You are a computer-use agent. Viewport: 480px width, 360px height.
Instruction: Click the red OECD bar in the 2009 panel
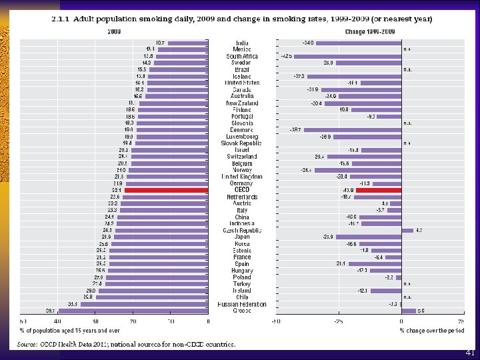[x=167, y=190]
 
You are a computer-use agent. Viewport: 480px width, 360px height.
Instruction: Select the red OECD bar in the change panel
[x=379, y=190]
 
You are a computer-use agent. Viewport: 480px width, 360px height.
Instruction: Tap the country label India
[x=242, y=43]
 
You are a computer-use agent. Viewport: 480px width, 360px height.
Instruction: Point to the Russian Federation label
[x=242, y=304]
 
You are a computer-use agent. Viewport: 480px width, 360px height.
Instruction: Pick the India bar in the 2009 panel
[x=188, y=43]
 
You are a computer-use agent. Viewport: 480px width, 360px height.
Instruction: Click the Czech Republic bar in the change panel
[x=407, y=230]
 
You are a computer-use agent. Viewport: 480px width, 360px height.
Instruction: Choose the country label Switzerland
[x=242, y=157]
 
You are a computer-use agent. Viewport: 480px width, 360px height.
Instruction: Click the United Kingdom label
[x=242, y=177]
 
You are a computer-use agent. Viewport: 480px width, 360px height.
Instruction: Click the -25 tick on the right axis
[x=338, y=321]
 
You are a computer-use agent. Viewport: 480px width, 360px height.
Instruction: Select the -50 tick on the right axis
[x=275, y=321]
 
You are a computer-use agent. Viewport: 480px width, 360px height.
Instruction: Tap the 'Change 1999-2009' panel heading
[x=369, y=31]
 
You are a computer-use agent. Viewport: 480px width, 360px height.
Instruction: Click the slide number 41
[x=471, y=353]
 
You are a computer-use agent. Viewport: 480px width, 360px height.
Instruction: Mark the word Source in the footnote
[x=27, y=344]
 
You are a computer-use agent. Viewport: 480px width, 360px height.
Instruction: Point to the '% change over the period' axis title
[x=431, y=330]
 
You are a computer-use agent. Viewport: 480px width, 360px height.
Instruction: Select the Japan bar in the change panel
[x=369, y=237]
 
